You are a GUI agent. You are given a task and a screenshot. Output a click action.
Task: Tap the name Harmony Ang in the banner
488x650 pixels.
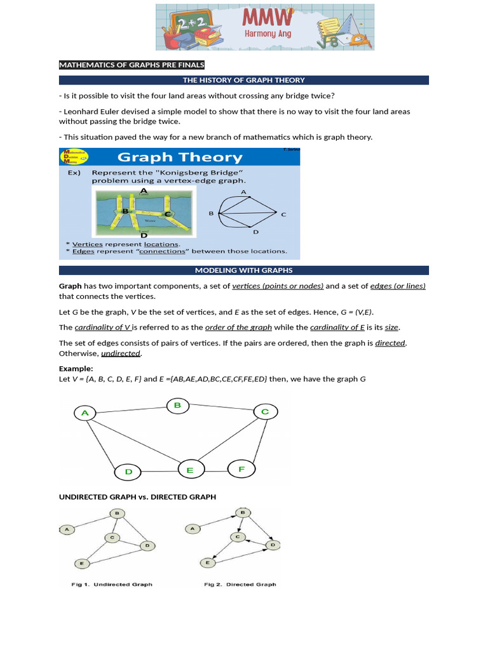pos(268,34)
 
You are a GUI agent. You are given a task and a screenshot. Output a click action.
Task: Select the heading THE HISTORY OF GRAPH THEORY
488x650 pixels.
pos(244,80)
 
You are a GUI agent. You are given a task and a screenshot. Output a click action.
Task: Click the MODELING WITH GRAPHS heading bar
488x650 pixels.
pos(244,270)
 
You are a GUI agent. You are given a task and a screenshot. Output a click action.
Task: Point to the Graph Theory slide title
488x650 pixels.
pos(180,157)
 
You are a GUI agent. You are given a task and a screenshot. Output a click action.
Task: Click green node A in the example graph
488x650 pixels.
pos(85,413)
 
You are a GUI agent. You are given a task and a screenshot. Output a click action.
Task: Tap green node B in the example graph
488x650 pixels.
pos(178,405)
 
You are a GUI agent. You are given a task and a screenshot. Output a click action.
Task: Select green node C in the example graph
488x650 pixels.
pos(265,412)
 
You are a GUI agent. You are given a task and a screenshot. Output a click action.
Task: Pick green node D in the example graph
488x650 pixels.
pos(128,472)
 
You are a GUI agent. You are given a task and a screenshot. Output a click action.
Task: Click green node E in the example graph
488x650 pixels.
pos(189,470)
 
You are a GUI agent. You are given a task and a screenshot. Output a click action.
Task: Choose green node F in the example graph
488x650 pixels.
pos(241,469)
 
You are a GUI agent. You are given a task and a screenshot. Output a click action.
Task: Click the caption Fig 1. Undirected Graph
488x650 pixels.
pos(112,584)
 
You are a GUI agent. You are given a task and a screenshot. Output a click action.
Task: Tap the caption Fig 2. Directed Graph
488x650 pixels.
pos(240,584)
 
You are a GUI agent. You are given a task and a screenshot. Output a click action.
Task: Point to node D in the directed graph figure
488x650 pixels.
pos(273,545)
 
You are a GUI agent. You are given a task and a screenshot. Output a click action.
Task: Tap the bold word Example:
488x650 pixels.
pos(76,368)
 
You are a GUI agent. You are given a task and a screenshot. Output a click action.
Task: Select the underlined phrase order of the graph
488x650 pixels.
pos(238,327)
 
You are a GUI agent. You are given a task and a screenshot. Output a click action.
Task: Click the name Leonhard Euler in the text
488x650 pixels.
pos(87,111)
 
